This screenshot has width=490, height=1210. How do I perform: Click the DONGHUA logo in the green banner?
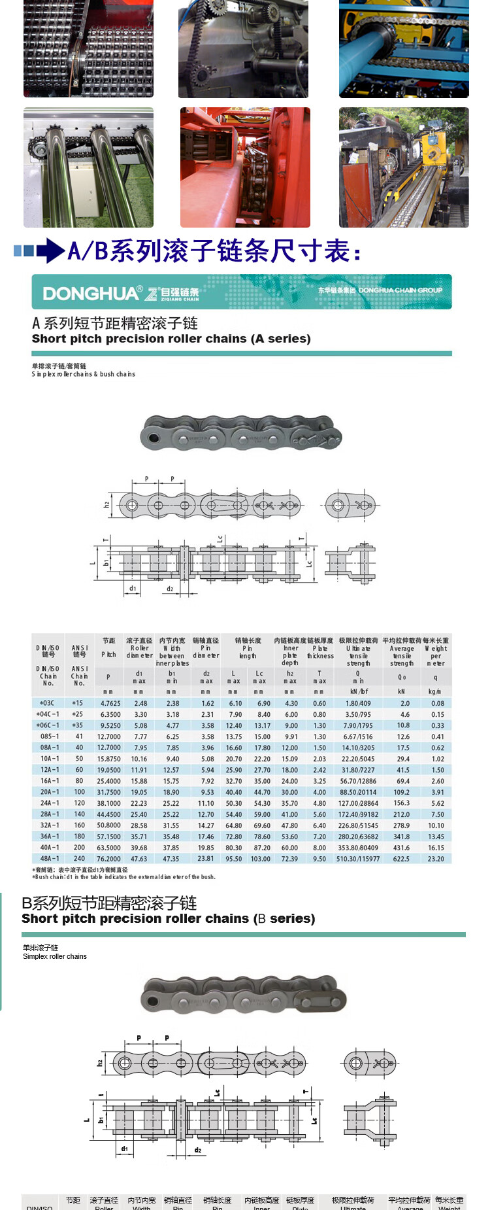point(91,293)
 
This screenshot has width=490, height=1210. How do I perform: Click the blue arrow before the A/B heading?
point(50,251)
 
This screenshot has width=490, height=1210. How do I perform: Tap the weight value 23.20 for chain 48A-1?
point(436,859)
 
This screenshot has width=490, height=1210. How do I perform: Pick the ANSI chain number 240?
point(79,859)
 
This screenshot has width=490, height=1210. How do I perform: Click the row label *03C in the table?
point(47,703)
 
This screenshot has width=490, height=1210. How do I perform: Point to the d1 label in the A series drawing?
point(133,589)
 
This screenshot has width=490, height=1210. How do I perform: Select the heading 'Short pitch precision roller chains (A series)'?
point(171,339)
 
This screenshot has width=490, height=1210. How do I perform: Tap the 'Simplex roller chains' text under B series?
point(55,956)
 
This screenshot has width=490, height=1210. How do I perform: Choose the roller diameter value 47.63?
point(139,859)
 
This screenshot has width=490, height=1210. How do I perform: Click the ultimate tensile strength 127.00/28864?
point(358,803)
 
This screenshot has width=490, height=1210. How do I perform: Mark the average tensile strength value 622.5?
point(402,859)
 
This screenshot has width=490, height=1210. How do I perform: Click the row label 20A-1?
point(50,792)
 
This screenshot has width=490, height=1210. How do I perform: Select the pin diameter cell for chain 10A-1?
point(207,759)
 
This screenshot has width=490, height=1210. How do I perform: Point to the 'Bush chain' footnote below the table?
point(124,876)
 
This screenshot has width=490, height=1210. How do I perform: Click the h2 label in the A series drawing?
point(106,505)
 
